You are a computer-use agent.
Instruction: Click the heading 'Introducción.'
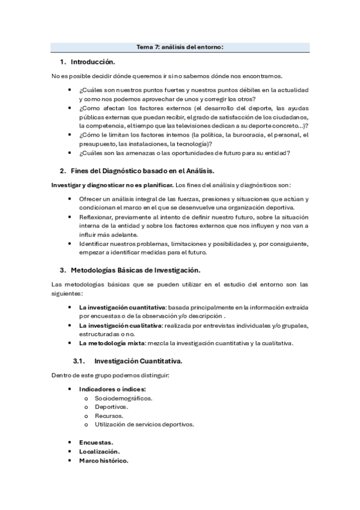click(93, 62)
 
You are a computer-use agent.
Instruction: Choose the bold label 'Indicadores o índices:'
click(112, 389)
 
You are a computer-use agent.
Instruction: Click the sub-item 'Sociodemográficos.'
click(124, 398)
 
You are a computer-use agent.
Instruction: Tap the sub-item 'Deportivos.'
click(111, 407)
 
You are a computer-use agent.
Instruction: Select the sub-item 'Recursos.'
click(109, 416)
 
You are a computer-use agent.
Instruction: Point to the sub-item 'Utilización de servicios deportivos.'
click(144, 424)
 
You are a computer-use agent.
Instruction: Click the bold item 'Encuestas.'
click(96, 442)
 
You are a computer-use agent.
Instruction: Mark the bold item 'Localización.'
click(99, 451)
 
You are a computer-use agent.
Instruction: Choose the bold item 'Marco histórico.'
click(103, 460)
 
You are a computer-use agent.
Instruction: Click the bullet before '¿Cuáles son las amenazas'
click(72, 153)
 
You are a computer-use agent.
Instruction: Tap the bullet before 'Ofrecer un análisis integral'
click(72, 198)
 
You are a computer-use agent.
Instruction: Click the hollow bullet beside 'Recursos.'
click(87, 416)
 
